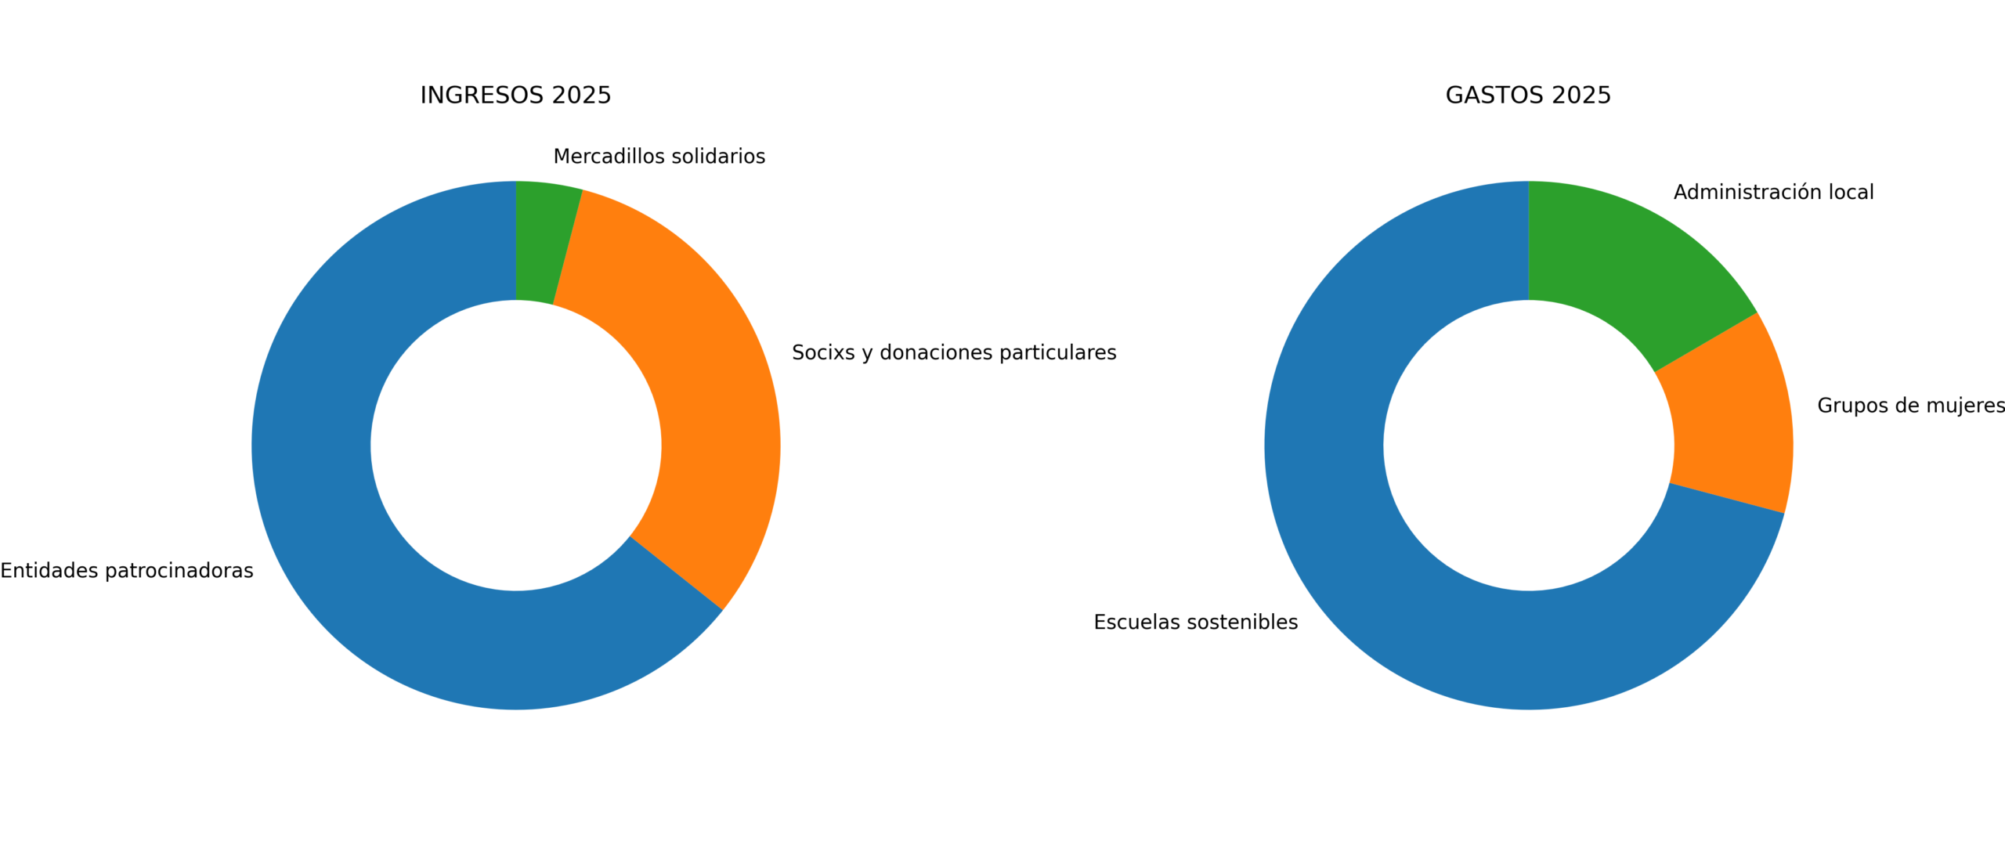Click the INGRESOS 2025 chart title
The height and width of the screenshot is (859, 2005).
(515, 95)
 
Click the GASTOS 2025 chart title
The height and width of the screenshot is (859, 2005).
(1527, 95)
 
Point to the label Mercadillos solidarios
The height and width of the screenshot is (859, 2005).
(659, 157)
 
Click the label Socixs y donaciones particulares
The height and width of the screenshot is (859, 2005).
(953, 352)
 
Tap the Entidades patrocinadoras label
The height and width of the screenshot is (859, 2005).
(127, 571)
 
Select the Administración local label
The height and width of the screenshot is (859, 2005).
(1773, 193)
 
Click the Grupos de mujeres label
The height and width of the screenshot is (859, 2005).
(1910, 406)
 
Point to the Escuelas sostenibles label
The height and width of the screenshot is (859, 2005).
(1195, 622)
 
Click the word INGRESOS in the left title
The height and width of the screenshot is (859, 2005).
(482, 95)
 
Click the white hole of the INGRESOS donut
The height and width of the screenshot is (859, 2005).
(515, 445)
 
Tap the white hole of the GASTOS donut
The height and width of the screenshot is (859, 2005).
(1528, 445)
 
